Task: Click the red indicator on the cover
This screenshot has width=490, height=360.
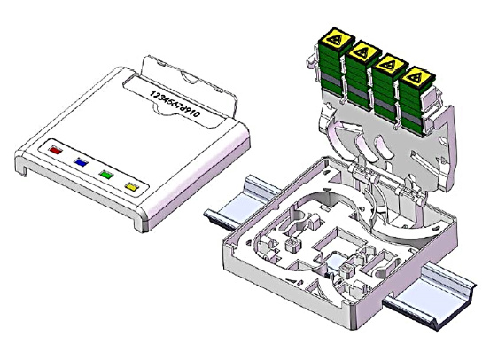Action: coord(56,150)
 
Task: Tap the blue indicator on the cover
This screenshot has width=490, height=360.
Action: coord(81,162)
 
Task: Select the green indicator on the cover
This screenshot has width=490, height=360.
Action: coord(106,175)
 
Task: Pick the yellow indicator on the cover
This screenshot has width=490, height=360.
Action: coord(131,187)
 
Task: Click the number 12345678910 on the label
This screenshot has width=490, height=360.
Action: coord(175,104)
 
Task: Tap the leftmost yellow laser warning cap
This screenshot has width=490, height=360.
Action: coord(337,39)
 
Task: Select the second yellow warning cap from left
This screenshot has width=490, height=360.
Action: coord(363,52)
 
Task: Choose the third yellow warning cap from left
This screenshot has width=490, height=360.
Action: coord(390,65)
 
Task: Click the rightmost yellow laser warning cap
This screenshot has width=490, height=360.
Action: coord(417,78)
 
